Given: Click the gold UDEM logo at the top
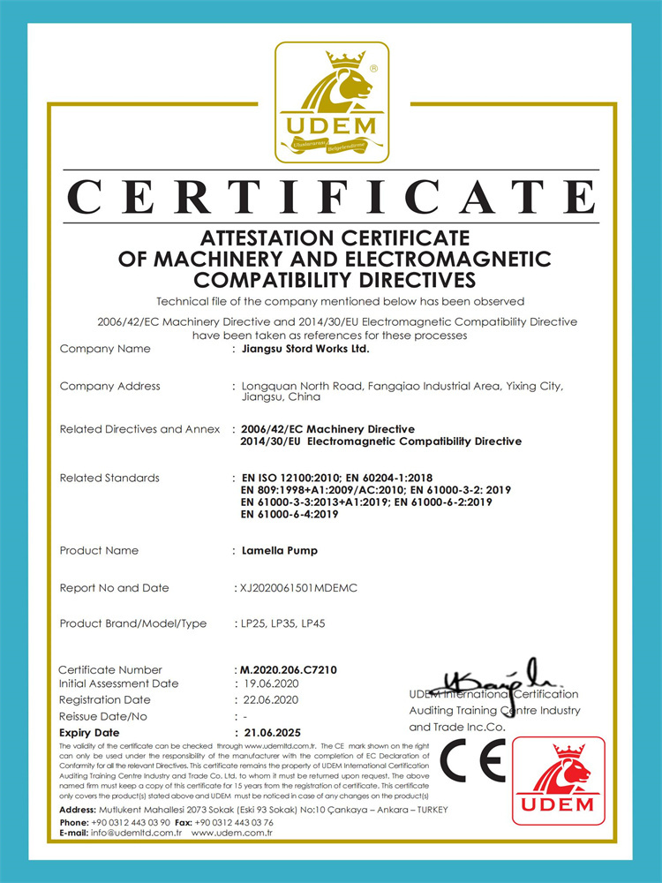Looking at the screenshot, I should click(x=331, y=102).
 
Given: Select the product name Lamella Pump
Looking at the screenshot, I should click(x=280, y=550).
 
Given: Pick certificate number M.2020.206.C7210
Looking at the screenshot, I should click(x=288, y=670).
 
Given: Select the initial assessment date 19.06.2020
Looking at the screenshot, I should click(x=276, y=683).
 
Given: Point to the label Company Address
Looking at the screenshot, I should click(x=109, y=386).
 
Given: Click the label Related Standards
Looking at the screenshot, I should click(x=109, y=478).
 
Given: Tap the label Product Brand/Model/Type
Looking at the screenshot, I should click(x=132, y=623).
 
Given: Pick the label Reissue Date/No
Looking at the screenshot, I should click(x=103, y=716).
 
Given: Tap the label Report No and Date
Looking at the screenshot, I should click(x=114, y=587).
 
